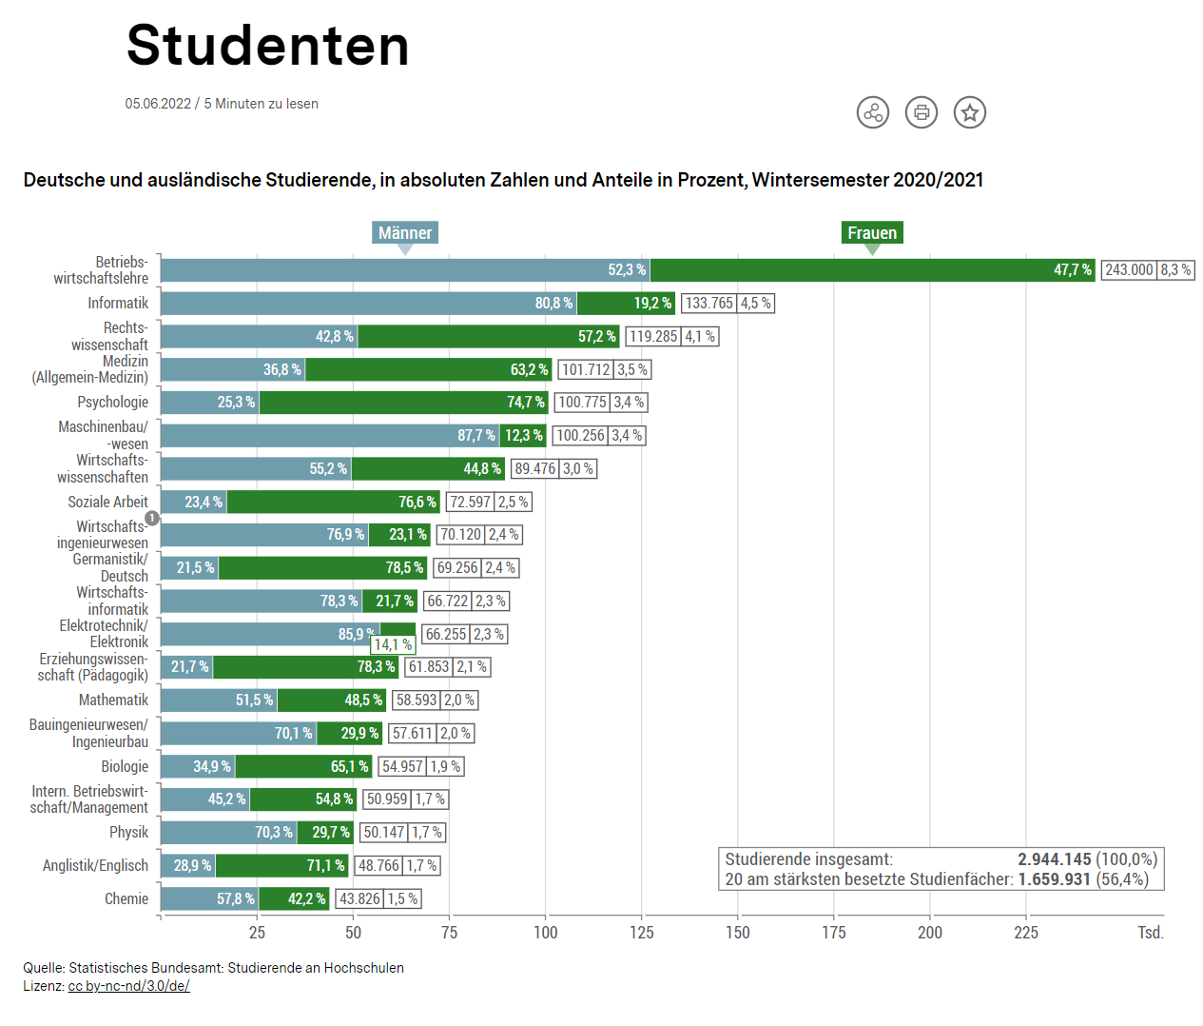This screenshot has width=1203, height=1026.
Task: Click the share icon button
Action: [x=872, y=112]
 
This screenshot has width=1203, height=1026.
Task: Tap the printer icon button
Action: [x=921, y=112]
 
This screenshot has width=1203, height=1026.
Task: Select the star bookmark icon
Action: [x=969, y=112]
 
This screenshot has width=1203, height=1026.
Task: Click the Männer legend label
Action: [x=404, y=233]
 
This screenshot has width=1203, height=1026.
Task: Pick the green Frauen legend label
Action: [x=871, y=233]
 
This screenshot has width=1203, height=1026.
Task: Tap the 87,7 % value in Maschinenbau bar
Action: [x=475, y=436]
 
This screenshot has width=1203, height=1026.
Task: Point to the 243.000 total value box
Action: [x=1129, y=270]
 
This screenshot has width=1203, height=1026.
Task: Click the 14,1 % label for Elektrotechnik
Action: [x=392, y=645]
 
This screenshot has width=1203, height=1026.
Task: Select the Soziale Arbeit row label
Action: [x=107, y=503]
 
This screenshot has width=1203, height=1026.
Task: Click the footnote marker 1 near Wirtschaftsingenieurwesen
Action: [x=151, y=519]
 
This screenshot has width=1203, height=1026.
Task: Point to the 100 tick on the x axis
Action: [x=545, y=933]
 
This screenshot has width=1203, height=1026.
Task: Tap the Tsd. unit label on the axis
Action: [x=1150, y=933]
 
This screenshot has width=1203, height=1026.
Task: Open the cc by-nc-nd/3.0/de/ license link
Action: [x=128, y=986]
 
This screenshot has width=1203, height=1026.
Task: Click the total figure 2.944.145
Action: [x=1054, y=859]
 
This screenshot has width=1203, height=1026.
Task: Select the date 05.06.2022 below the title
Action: [x=158, y=104]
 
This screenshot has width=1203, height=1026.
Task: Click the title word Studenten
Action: [x=267, y=46]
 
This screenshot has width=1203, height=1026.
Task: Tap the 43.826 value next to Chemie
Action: [x=359, y=899]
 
